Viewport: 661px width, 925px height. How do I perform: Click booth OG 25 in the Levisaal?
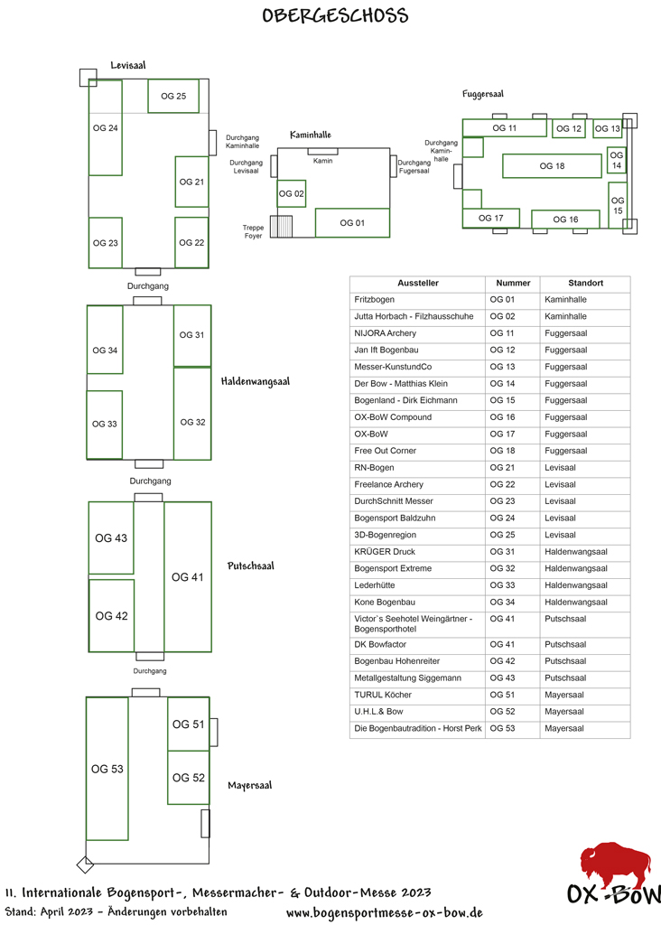(173, 96)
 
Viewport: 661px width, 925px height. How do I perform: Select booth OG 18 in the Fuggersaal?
(552, 166)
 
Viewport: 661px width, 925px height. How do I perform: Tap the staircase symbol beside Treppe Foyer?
(282, 227)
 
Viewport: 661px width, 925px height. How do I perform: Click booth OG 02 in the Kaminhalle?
(292, 193)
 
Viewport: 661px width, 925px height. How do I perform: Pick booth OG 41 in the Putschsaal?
(188, 577)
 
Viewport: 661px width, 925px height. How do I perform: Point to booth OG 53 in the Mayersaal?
(107, 769)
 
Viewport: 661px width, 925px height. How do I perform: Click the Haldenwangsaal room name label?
(256, 382)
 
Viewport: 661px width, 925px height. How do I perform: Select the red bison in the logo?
(616, 864)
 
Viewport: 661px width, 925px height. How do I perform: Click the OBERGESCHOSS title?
(335, 14)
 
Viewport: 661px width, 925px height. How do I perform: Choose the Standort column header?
(585, 283)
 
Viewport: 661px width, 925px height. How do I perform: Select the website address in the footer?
(385, 912)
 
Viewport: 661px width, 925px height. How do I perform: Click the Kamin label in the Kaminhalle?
(322, 161)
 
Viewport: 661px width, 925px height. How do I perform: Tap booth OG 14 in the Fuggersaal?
(616, 161)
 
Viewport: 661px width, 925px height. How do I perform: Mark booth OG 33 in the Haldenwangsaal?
(105, 425)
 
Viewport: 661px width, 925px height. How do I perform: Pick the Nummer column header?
(513, 283)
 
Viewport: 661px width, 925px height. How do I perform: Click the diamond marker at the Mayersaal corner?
(86, 864)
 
